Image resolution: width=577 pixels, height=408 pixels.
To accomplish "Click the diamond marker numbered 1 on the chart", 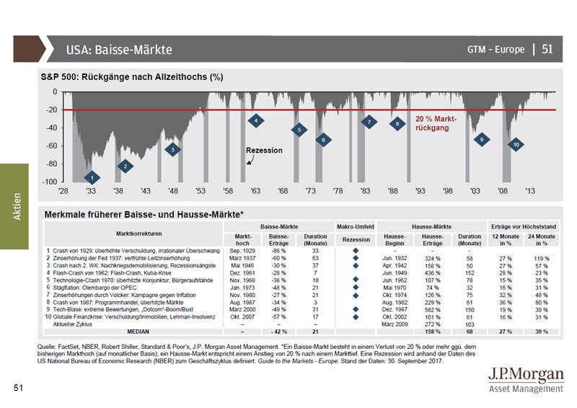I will click(91, 178).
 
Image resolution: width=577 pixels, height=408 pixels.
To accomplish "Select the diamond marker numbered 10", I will click(516, 145).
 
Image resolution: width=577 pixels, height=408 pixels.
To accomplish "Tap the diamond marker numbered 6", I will click(324, 140).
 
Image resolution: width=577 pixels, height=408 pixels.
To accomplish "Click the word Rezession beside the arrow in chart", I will click(264, 151).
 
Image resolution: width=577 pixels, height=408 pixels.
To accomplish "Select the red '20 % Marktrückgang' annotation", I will click(436, 123).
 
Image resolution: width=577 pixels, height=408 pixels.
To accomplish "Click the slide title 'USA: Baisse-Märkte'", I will click(119, 50).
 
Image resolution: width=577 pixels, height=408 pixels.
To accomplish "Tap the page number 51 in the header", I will click(547, 49).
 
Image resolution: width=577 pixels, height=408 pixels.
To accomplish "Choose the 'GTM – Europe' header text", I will click(495, 50).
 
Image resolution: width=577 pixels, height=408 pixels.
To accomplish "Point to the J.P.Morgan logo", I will click(525, 379).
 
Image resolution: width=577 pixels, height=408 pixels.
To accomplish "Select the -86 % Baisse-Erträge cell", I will click(278, 250).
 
